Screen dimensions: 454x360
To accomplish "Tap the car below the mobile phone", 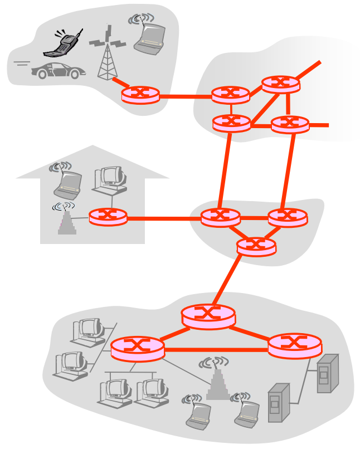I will point(58,70).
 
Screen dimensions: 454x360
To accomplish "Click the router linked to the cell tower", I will point(140,95).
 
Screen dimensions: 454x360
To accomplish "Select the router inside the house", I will point(108,216).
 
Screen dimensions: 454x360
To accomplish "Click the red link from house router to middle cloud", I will point(164,218).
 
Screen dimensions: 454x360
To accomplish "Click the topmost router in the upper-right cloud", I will point(280,84).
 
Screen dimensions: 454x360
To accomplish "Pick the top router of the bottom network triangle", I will point(208,316).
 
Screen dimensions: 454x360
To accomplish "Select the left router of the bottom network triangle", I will point(138,349).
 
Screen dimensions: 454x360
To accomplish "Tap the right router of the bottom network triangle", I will point(295,345).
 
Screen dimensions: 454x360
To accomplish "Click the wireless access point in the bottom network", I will point(218,382).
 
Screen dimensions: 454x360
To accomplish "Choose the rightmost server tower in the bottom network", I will point(327,373).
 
